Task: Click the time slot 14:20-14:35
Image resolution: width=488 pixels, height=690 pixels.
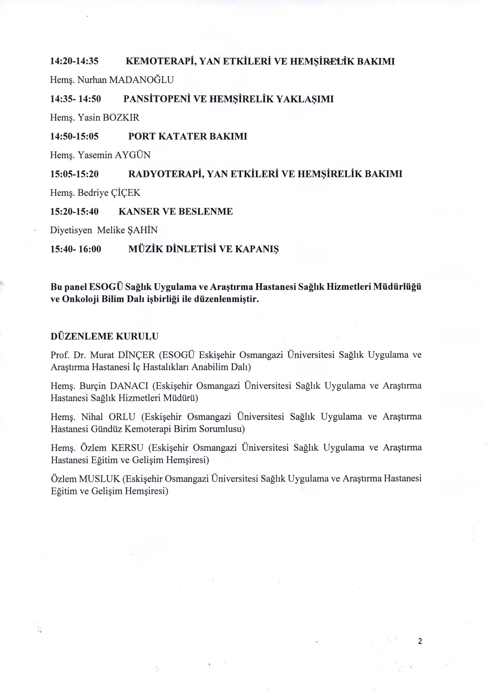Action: pyautogui.click(x=74, y=61)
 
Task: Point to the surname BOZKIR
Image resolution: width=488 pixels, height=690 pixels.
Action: pyautogui.click(x=121, y=118)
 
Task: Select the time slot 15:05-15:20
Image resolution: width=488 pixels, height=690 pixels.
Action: pyautogui.click(x=74, y=174)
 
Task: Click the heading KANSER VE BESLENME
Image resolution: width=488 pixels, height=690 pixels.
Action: pyautogui.click(x=176, y=212)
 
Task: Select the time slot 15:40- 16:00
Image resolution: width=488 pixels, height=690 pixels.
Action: pyautogui.click(x=76, y=249)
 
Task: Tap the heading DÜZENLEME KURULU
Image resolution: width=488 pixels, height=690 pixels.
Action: pyautogui.click(x=104, y=336)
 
